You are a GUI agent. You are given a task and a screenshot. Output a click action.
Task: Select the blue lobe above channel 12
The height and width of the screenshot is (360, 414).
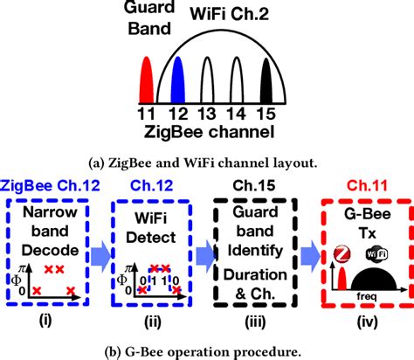[178, 81]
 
